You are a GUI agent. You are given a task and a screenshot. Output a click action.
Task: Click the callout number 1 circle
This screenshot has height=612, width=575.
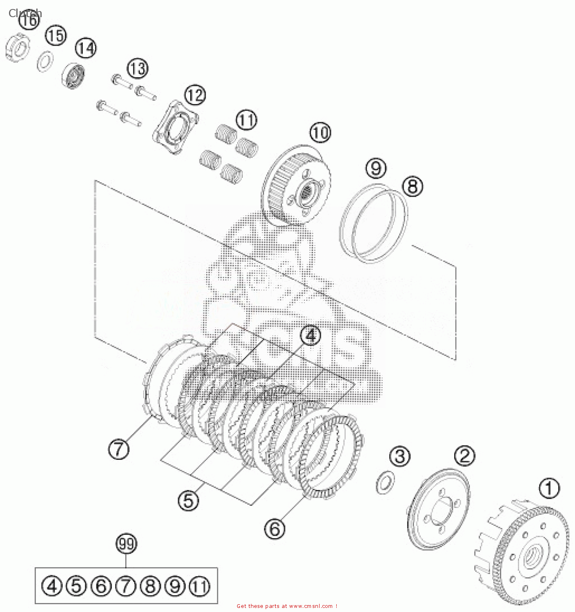tap(549, 488)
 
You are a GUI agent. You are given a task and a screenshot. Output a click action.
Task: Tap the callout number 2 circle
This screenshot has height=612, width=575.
tap(464, 455)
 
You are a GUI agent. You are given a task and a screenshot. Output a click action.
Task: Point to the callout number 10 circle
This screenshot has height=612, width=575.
tap(320, 133)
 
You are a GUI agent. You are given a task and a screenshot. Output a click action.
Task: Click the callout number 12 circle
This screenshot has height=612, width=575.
tap(195, 95)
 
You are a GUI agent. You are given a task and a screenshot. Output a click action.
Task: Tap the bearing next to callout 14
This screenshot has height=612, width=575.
tap(74, 76)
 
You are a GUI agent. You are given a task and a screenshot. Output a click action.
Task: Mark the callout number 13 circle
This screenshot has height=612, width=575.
tap(137, 69)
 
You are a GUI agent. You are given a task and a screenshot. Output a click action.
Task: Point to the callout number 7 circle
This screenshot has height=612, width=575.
tap(118, 449)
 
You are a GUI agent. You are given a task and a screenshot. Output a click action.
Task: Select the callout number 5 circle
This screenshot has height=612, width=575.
tap(188, 500)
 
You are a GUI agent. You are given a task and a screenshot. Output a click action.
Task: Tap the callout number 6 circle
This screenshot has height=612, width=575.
tap(275, 529)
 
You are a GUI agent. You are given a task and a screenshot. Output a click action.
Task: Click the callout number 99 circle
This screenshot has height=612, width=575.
tap(126, 544)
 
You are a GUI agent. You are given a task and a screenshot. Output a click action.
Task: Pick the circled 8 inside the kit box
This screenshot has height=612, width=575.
tap(150, 586)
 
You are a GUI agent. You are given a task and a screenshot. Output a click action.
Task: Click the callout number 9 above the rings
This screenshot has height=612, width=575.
tap(376, 168)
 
